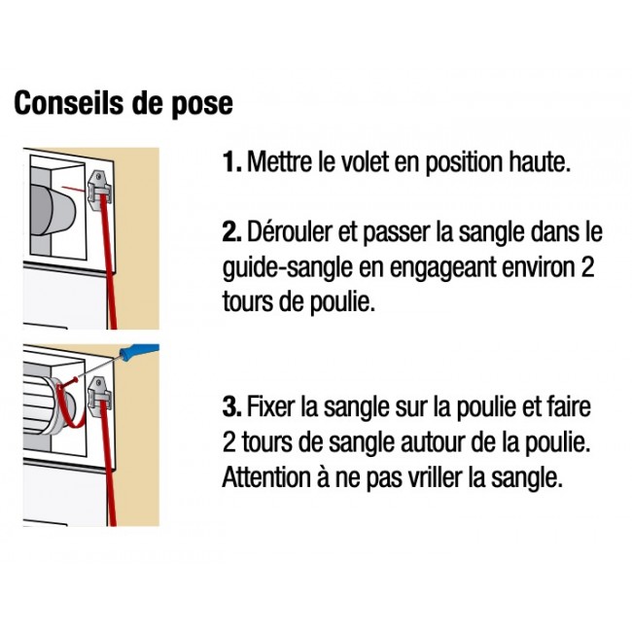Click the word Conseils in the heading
point(69,103)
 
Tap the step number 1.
point(231,161)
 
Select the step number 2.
point(231,231)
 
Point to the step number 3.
point(231,406)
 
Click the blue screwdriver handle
point(139,351)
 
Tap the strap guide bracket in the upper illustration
point(100,190)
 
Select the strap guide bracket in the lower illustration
point(100,397)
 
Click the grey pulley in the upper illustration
point(53,211)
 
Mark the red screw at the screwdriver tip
point(72,380)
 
